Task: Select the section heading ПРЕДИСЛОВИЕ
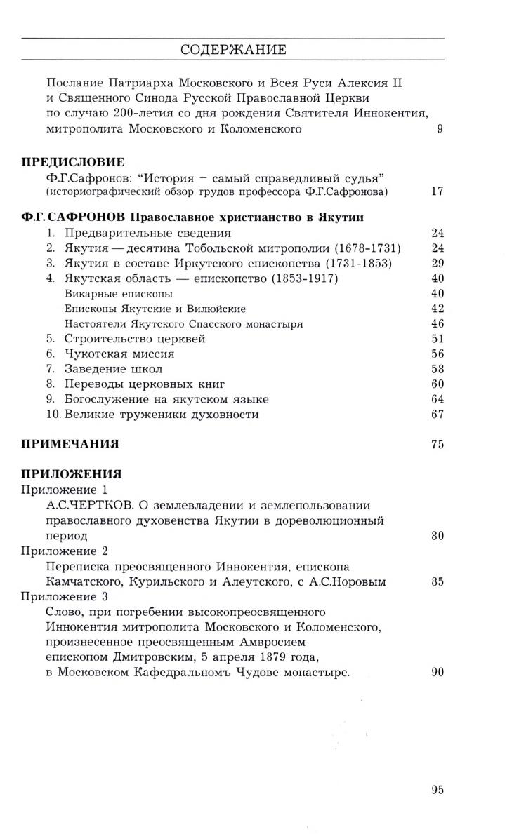pyautogui.click(x=73, y=162)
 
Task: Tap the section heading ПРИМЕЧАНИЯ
pyautogui.click(x=70, y=443)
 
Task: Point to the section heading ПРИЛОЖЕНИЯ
pyautogui.click(x=72, y=473)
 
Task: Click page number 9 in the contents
pyautogui.click(x=440, y=128)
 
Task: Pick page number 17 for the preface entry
pyautogui.click(x=437, y=191)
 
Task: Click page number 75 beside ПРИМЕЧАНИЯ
pyautogui.click(x=437, y=443)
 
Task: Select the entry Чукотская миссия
pyautogui.click(x=119, y=354)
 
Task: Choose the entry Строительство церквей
pyautogui.click(x=135, y=339)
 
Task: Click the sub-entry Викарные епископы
pyautogui.click(x=108, y=293)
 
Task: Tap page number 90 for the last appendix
pyautogui.click(x=437, y=672)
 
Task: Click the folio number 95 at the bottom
pyautogui.click(x=437, y=790)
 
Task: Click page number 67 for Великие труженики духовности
pyautogui.click(x=437, y=414)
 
